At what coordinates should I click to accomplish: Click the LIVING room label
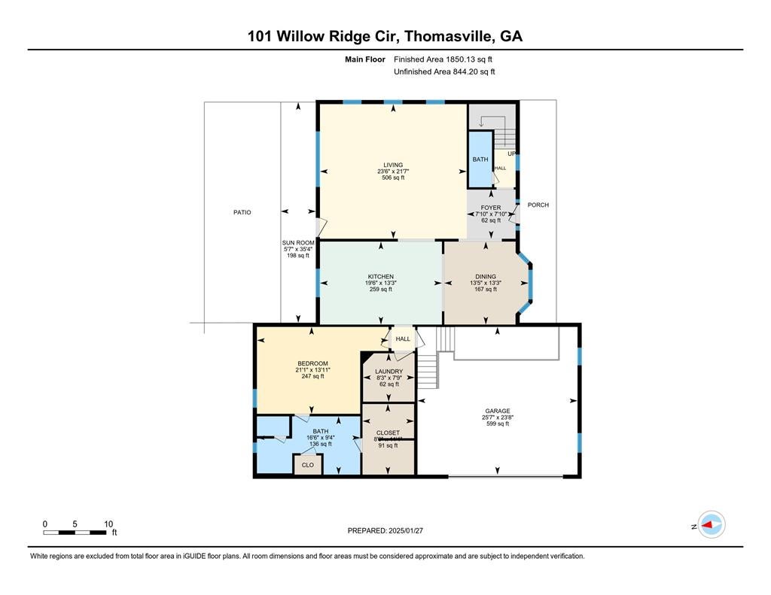392,165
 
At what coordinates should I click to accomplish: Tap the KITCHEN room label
381,277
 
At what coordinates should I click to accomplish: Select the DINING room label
486,277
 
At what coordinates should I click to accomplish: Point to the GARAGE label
497,411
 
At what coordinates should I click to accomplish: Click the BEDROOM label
312,363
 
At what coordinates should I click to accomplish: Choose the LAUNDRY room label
389,372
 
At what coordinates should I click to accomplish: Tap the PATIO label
242,213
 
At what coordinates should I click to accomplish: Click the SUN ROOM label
297,242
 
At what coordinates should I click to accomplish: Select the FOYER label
491,208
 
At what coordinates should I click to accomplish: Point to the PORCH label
538,205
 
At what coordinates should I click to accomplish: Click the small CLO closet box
307,465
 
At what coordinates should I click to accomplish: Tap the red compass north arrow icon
711,525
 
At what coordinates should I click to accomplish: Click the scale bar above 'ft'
75,533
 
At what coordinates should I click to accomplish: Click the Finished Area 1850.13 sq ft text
443,59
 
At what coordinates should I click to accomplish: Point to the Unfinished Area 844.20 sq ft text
444,71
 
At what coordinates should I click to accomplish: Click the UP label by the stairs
511,153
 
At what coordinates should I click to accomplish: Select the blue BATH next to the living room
480,159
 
